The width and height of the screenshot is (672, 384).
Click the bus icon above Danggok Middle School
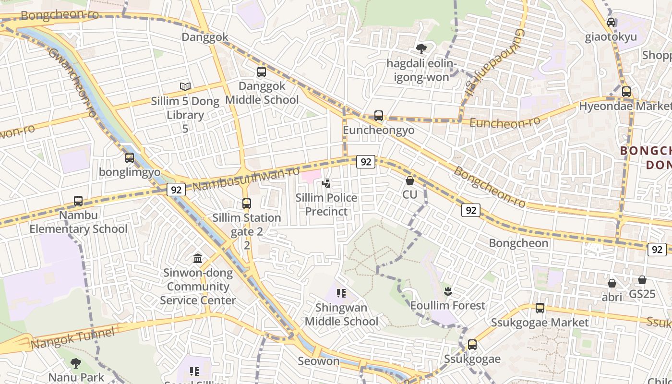tap(262, 72)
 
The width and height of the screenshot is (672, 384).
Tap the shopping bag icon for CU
tap(410, 180)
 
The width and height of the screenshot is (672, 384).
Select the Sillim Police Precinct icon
tap(326, 183)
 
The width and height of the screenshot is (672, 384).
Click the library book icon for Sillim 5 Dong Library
tap(185, 86)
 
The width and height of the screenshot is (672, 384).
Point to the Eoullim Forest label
tap(447, 305)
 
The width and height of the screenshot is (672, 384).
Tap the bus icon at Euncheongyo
tap(379, 116)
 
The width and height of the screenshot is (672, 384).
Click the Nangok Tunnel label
tap(73, 338)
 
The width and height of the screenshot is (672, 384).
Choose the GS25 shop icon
tap(642, 280)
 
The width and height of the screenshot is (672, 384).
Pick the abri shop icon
tap(612, 283)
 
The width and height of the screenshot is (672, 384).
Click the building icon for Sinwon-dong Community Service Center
tap(198, 259)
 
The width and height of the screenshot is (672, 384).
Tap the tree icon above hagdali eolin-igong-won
tap(421, 48)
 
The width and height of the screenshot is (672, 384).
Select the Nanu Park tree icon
tap(76, 363)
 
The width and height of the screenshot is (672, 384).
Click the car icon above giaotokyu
tap(611, 22)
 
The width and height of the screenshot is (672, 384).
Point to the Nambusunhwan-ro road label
tap(246, 178)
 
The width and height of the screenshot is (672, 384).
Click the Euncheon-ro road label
tap(504, 122)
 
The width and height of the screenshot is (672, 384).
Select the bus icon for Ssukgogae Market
tap(540, 308)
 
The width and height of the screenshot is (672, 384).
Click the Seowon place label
tap(319, 361)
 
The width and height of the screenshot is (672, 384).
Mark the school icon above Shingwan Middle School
tap(341, 293)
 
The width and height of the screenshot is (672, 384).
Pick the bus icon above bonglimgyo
tap(130, 157)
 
